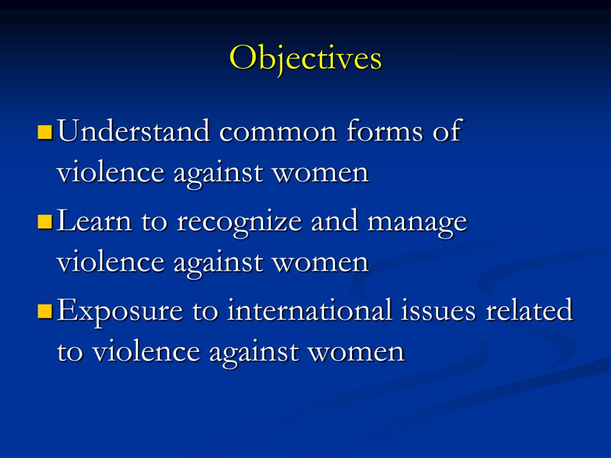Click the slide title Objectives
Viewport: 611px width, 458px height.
[305, 58]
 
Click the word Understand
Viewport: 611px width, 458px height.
[134, 131]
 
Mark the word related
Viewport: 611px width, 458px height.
[529, 310]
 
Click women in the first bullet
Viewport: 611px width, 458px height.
[321, 174]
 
